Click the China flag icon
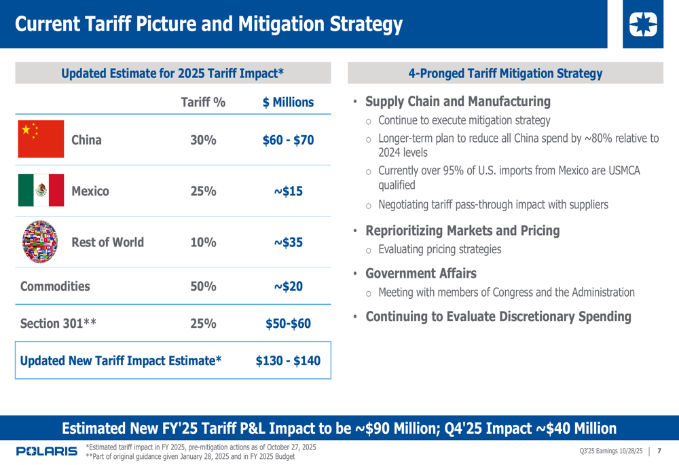(x=41, y=139)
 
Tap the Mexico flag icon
(x=41, y=190)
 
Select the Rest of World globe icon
(x=41, y=242)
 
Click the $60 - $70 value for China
(x=289, y=141)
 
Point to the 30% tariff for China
(x=203, y=141)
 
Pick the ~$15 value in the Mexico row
(x=289, y=191)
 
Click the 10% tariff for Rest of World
(x=203, y=242)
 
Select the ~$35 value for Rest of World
(x=289, y=242)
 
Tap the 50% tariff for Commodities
(x=203, y=286)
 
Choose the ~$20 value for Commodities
(x=289, y=286)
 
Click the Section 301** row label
(x=58, y=324)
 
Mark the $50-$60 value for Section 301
(x=289, y=324)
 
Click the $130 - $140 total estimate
(x=288, y=360)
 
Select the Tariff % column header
(x=203, y=103)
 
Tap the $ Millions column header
(x=289, y=103)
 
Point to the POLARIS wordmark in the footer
(x=47, y=451)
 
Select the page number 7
(x=659, y=451)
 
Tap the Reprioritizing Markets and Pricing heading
(x=462, y=231)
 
